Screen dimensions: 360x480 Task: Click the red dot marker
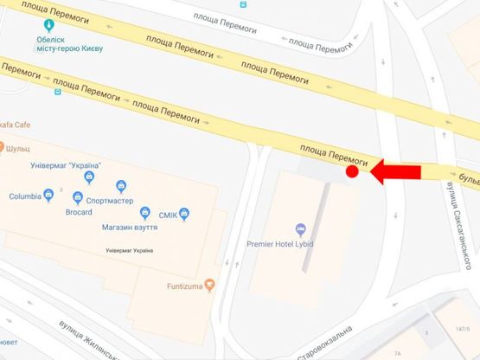point(352,172)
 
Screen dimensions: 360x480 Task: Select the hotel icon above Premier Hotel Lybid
point(300,229)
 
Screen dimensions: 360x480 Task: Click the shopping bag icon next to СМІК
point(183,215)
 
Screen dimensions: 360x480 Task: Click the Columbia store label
point(25,196)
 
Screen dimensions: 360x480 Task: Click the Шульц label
point(18,149)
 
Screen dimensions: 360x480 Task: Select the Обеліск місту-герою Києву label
point(70,43)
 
